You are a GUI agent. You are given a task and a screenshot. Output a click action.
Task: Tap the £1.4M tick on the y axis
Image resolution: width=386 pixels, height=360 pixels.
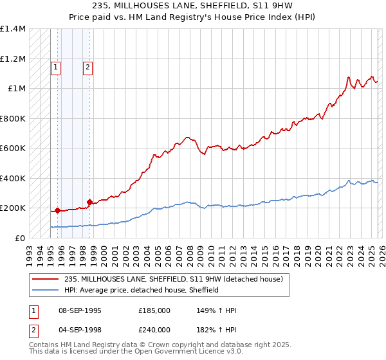(13, 30)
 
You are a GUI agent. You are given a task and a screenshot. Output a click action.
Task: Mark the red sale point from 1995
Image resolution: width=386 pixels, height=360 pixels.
(57, 210)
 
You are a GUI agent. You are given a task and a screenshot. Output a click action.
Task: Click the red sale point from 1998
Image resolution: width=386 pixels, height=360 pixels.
(89, 202)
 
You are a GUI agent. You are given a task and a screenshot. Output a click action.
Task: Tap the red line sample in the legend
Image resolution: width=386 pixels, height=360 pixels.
(45, 280)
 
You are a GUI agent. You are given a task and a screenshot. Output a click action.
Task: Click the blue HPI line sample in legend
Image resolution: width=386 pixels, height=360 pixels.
(45, 290)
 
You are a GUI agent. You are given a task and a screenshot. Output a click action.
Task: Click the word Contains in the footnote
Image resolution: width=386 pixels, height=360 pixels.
(45, 345)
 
